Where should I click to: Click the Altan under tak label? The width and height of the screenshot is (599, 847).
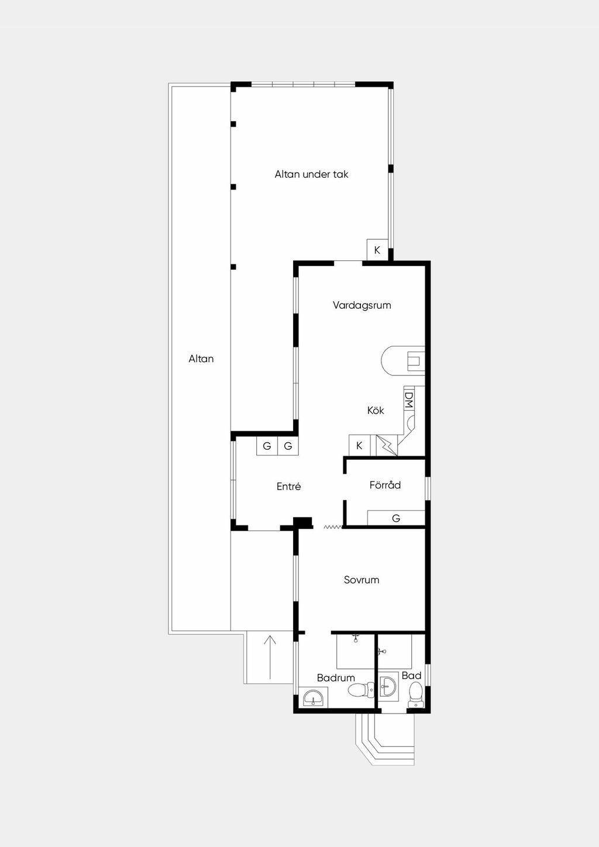[311, 174]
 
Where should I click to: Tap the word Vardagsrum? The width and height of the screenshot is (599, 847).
[362, 305]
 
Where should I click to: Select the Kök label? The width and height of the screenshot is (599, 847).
[376, 411]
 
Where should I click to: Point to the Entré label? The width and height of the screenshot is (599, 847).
[288, 487]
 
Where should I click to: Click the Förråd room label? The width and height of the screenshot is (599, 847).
[385, 485]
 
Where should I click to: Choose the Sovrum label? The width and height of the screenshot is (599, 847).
[362, 580]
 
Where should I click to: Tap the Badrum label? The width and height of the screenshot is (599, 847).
[336, 678]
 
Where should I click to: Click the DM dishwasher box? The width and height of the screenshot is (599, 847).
[409, 400]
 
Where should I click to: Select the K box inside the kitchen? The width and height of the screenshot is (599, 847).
[359, 446]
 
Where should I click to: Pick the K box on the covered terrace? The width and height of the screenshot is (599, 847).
[377, 250]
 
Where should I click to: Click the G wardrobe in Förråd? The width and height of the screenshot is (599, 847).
[396, 518]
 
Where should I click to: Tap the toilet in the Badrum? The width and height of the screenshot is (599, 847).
[361, 690]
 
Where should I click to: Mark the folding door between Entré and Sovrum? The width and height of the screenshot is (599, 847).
[333, 527]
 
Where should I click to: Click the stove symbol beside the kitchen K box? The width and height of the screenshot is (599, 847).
[387, 446]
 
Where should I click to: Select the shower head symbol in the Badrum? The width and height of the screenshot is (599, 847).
[355, 638]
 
